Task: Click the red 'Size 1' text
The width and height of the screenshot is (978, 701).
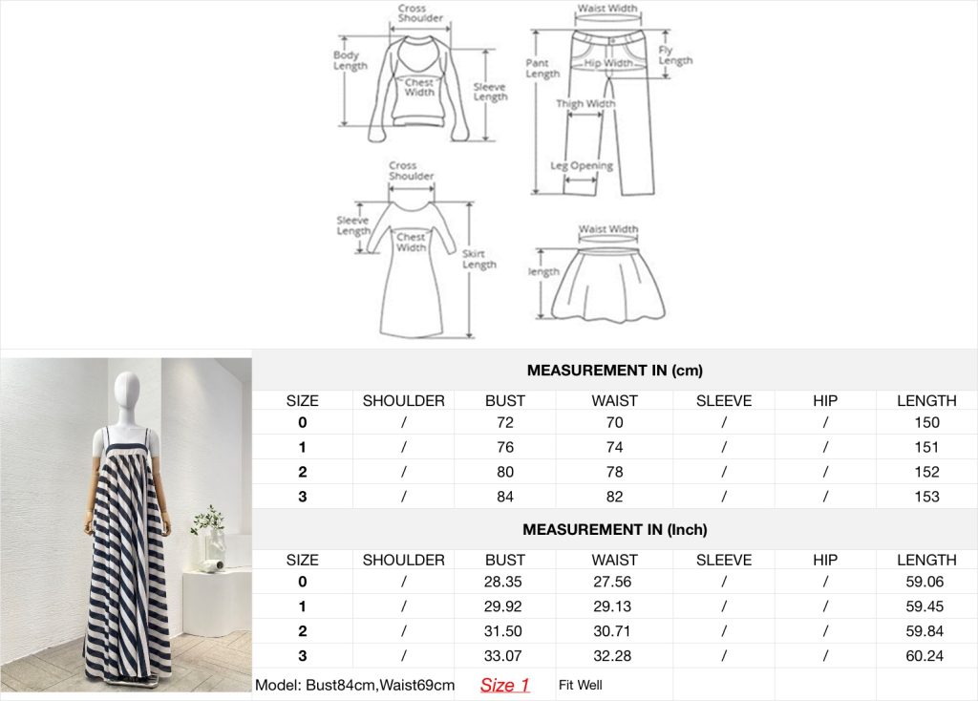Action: coord(504,685)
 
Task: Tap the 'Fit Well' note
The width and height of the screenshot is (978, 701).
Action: coord(580,685)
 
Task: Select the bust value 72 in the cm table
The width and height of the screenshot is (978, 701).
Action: coord(505,422)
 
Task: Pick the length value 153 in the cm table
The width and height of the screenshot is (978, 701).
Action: coord(926,497)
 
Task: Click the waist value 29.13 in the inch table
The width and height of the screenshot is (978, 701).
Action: coord(612,606)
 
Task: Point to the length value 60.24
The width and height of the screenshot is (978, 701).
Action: coord(925,655)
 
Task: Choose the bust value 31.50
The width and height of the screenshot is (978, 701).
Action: coord(502,631)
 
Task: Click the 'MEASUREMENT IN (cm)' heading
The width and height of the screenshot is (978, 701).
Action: coord(615,371)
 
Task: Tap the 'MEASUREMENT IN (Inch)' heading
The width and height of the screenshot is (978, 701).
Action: coord(615,529)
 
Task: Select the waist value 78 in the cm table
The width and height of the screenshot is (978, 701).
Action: coord(614,472)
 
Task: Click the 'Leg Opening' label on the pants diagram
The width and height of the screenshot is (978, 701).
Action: coord(582,166)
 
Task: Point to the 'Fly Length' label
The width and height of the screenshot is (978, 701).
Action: coord(675,54)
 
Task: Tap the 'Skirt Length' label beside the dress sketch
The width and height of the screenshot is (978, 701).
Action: coord(479,259)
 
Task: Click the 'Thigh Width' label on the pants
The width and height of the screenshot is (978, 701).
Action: coord(585,103)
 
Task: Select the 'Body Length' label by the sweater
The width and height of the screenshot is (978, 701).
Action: coord(350,60)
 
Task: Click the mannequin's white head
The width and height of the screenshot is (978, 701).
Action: coord(129,391)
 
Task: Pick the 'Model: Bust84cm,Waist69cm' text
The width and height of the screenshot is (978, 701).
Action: coord(355,685)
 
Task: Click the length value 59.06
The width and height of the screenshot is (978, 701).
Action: coord(925,582)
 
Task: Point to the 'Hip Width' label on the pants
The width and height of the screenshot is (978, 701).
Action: coord(608,63)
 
